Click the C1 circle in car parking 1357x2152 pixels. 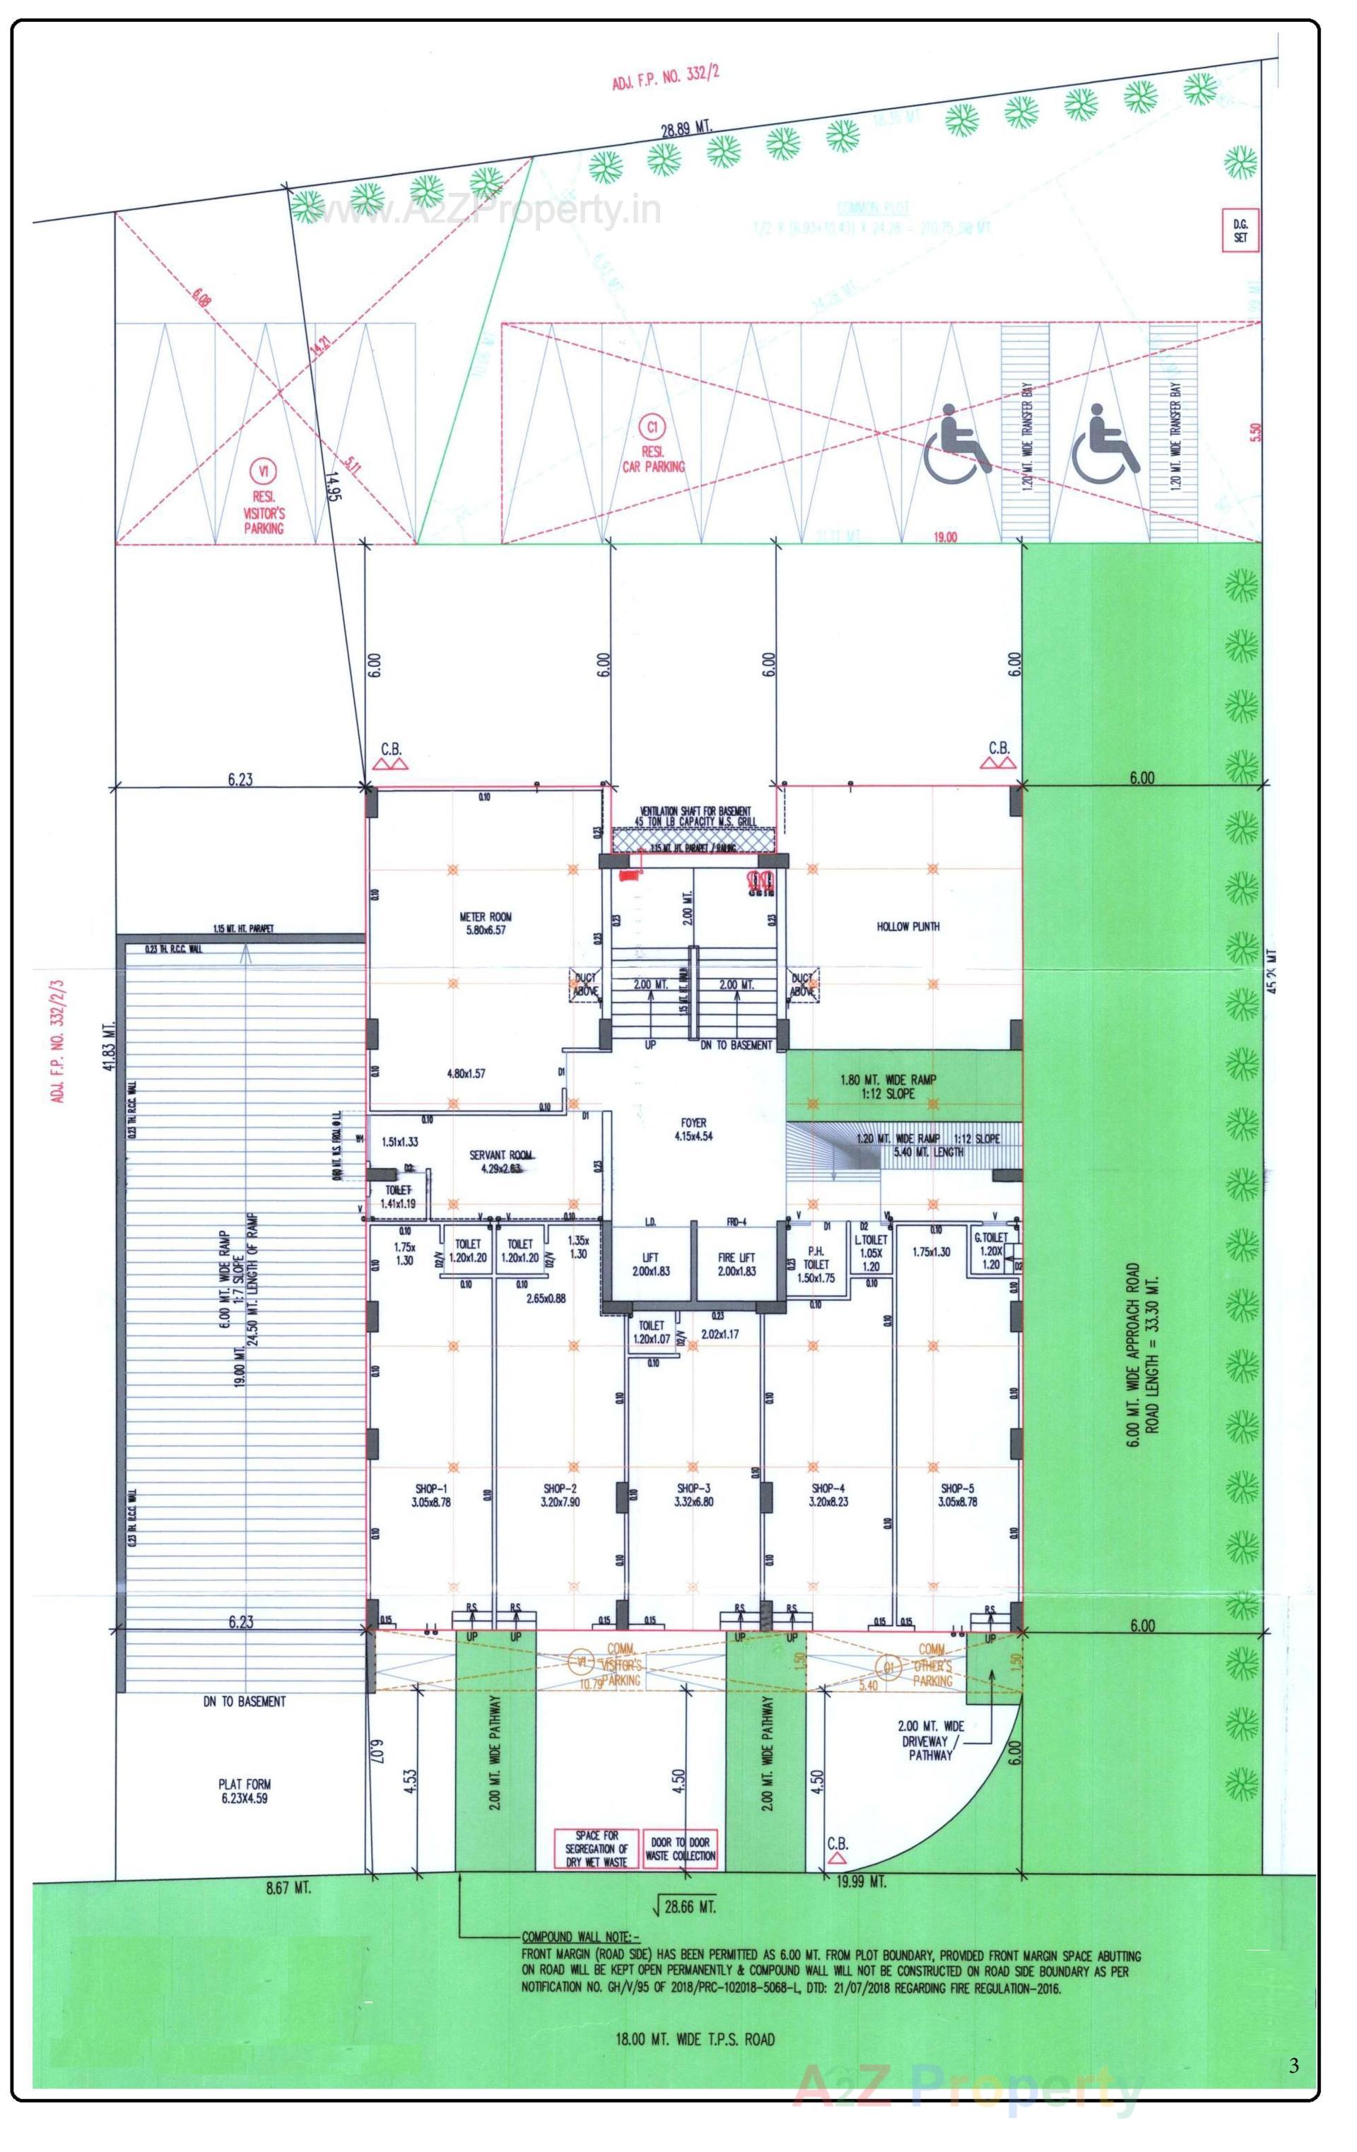pos(652,427)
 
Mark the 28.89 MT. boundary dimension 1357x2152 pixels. pos(686,129)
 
